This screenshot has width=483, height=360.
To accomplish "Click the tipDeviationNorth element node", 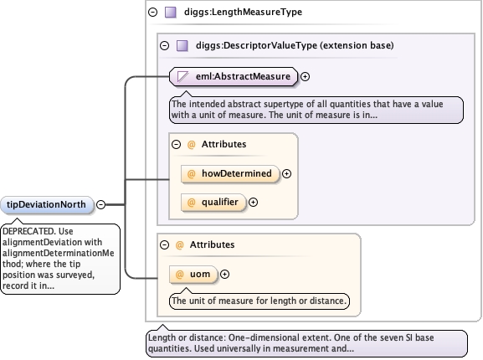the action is pyautogui.click(x=47, y=204).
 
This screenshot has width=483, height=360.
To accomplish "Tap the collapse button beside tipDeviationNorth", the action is pyautogui.click(x=100, y=204).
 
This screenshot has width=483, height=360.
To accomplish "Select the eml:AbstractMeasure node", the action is pyautogui.click(x=234, y=76).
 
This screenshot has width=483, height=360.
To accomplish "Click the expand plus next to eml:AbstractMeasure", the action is pyautogui.click(x=305, y=77).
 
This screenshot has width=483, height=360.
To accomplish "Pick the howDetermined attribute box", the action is pyautogui.click(x=230, y=173).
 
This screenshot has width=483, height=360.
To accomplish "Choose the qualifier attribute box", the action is pyautogui.click(x=213, y=203).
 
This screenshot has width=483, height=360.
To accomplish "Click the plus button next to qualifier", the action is pyautogui.click(x=253, y=203).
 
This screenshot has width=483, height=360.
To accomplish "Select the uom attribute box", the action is pyautogui.click(x=193, y=274).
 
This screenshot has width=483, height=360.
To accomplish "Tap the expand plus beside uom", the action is pyautogui.click(x=225, y=274).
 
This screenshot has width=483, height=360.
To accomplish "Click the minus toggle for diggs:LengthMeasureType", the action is pyautogui.click(x=153, y=13).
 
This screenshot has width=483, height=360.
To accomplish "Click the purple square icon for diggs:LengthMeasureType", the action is pyautogui.click(x=171, y=13).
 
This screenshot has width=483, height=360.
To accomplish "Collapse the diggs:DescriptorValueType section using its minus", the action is pyautogui.click(x=165, y=46).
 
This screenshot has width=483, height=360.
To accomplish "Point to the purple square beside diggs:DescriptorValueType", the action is pyautogui.click(x=182, y=46).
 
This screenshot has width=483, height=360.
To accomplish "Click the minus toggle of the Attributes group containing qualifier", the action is pyautogui.click(x=176, y=144).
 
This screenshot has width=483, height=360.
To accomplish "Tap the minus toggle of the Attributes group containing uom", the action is pyautogui.click(x=165, y=244).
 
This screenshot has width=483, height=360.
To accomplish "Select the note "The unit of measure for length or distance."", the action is pyautogui.click(x=259, y=301).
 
